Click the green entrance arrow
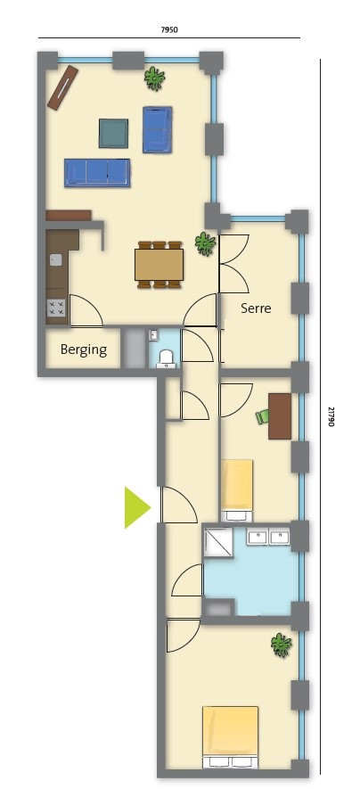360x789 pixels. point(135,507)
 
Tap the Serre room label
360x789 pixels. point(256,308)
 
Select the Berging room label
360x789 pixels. point(84,349)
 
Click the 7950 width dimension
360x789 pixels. point(169,29)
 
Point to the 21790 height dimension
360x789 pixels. point(331,416)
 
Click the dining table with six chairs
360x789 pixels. point(159,265)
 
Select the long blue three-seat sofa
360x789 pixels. point(97,173)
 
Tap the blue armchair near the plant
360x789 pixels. point(158,129)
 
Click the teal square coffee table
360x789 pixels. point(113,134)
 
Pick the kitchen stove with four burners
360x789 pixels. point(56,308)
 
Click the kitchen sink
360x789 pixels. point(55,259)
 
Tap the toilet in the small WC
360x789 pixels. point(166,358)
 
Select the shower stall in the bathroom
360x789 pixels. point(218,542)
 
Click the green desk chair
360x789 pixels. point(262,416)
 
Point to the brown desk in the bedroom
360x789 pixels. point(280,416)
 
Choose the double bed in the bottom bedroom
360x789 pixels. point(230,737)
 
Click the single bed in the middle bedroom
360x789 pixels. point(237,490)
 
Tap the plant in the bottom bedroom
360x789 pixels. point(281,645)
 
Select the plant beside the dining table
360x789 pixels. point(205,243)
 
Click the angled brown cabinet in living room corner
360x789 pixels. point(63,87)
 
